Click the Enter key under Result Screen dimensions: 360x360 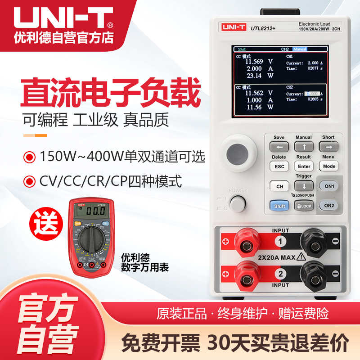[x=304, y=166]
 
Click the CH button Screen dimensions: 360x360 [x=279, y=186]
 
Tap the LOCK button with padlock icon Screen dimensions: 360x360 [x=304, y=206]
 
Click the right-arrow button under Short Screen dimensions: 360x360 [x=328, y=147]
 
